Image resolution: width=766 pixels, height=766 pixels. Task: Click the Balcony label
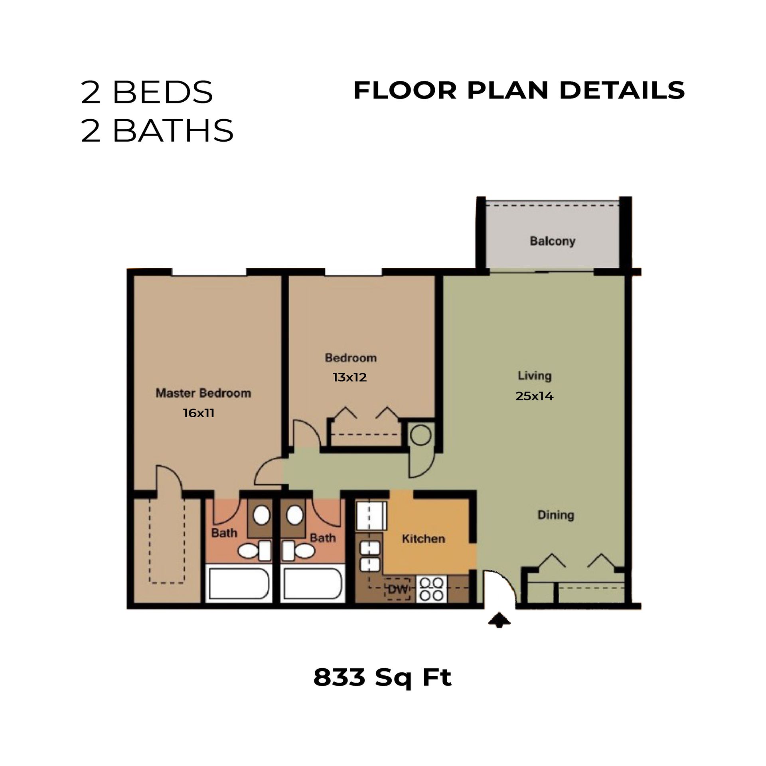(x=552, y=241)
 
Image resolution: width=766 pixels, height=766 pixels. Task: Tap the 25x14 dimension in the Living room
(x=534, y=396)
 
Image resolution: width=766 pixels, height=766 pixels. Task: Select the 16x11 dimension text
(x=199, y=413)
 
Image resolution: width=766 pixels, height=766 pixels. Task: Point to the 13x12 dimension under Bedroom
(x=349, y=377)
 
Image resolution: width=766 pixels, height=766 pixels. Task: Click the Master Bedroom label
(x=203, y=393)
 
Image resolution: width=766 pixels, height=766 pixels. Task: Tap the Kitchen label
(x=423, y=539)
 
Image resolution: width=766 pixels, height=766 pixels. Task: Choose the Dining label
(x=555, y=515)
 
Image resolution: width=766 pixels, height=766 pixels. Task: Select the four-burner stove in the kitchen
(x=432, y=589)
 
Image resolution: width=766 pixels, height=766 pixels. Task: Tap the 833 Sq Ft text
(x=382, y=677)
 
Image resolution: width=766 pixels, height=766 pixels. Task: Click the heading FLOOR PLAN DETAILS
(x=519, y=91)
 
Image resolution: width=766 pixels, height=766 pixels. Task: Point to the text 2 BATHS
(x=157, y=130)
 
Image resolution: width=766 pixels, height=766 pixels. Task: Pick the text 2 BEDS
(x=146, y=93)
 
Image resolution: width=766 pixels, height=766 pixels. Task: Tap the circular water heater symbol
(x=421, y=436)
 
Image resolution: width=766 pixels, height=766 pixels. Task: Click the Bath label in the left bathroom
(x=224, y=533)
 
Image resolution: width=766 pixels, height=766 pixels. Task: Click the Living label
(x=534, y=376)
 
